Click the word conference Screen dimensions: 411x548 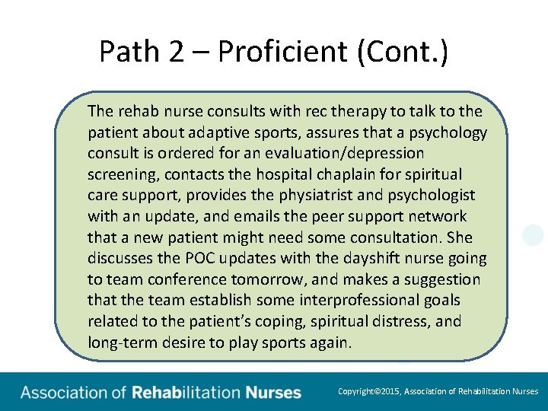(182, 279)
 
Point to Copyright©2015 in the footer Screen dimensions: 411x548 (368, 392)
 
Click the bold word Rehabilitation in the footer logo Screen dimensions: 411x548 (186, 393)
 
